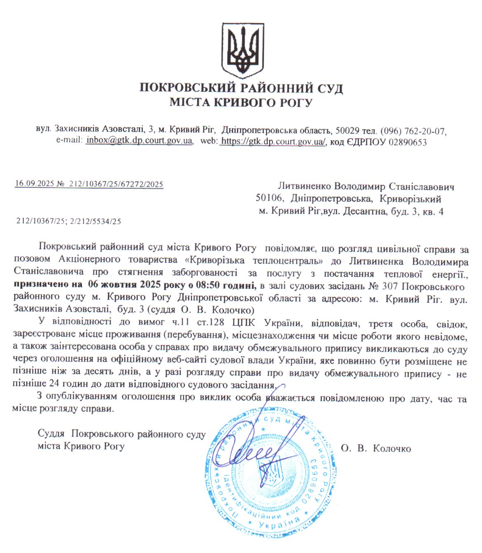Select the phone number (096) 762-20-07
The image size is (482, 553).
point(413,131)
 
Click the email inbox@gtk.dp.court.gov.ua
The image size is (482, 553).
point(139,141)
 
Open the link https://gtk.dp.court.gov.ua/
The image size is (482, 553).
point(273,141)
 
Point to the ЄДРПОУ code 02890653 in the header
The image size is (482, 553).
point(407,142)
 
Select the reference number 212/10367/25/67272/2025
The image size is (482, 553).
point(116,184)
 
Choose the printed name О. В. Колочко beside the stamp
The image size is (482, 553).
point(376,449)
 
